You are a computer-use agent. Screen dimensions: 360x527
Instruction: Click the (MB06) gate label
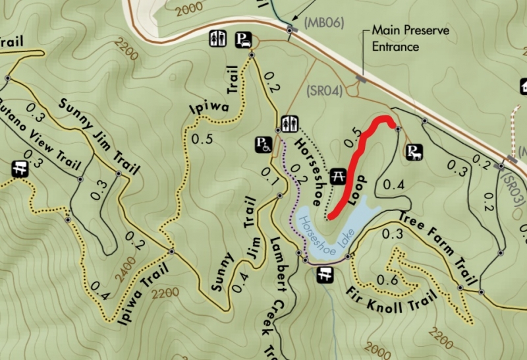tap(323, 22)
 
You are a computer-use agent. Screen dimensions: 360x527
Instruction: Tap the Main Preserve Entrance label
tap(395, 38)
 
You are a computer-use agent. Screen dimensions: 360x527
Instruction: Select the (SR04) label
tap(325, 91)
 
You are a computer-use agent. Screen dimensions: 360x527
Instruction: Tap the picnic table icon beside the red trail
tap(338, 175)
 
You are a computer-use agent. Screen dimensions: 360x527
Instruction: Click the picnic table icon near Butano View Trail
tap(19, 169)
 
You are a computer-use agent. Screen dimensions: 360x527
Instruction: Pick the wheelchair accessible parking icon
tap(262, 144)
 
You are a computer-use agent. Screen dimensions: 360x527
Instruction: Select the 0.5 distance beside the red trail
tap(352, 138)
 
